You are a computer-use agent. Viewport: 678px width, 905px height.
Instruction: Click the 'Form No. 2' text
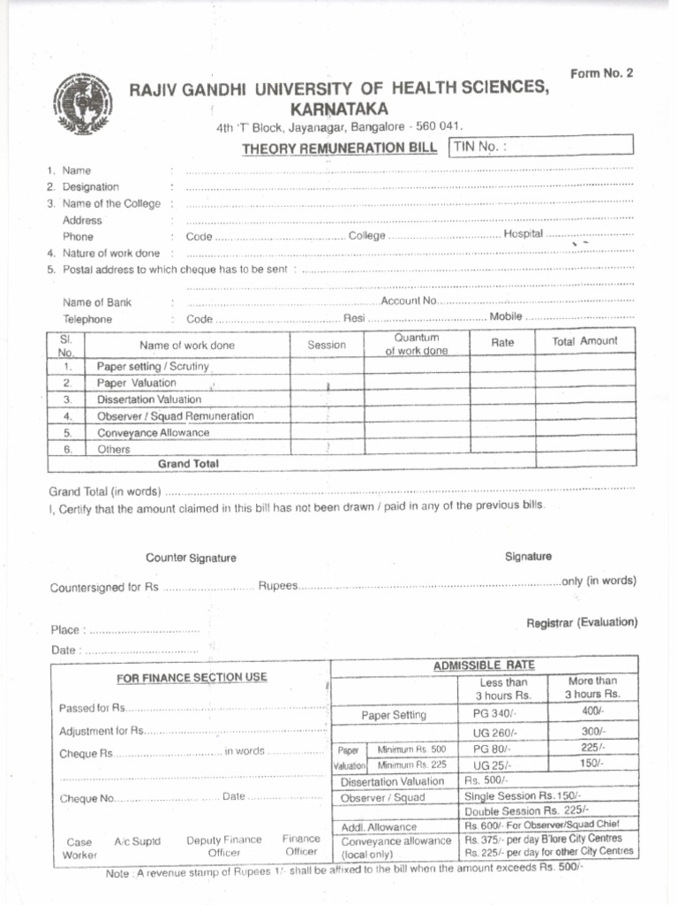tap(601, 74)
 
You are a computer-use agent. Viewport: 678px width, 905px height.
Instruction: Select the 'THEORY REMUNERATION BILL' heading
tap(340, 148)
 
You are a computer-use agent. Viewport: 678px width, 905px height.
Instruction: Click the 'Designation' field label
tap(90, 187)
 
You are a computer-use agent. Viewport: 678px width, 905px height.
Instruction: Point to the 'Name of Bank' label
tap(97, 302)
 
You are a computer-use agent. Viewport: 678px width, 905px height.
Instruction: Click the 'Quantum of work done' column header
tap(416, 344)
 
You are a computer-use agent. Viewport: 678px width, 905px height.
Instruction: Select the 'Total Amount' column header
tap(584, 341)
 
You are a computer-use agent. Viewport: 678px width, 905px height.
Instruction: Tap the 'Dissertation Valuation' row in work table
tap(149, 399)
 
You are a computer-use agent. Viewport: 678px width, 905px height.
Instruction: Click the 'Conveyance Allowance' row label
tap(153, 433)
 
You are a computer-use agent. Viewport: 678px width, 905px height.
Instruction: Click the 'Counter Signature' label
tap(191, 558)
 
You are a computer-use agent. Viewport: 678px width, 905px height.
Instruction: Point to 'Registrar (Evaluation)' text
tap(581, 622)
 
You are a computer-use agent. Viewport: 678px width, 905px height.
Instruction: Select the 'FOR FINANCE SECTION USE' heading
tap(192, 678)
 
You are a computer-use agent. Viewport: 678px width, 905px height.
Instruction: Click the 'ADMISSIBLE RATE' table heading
tap(483, 665)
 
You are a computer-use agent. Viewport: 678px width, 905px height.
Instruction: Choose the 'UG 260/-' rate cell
tap(494, 732)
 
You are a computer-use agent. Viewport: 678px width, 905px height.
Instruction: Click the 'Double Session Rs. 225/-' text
tap(526, 810)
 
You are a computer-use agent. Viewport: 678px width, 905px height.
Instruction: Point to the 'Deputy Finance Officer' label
tap(223, 847)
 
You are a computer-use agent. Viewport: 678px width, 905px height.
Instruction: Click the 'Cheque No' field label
tap(87, 797)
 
